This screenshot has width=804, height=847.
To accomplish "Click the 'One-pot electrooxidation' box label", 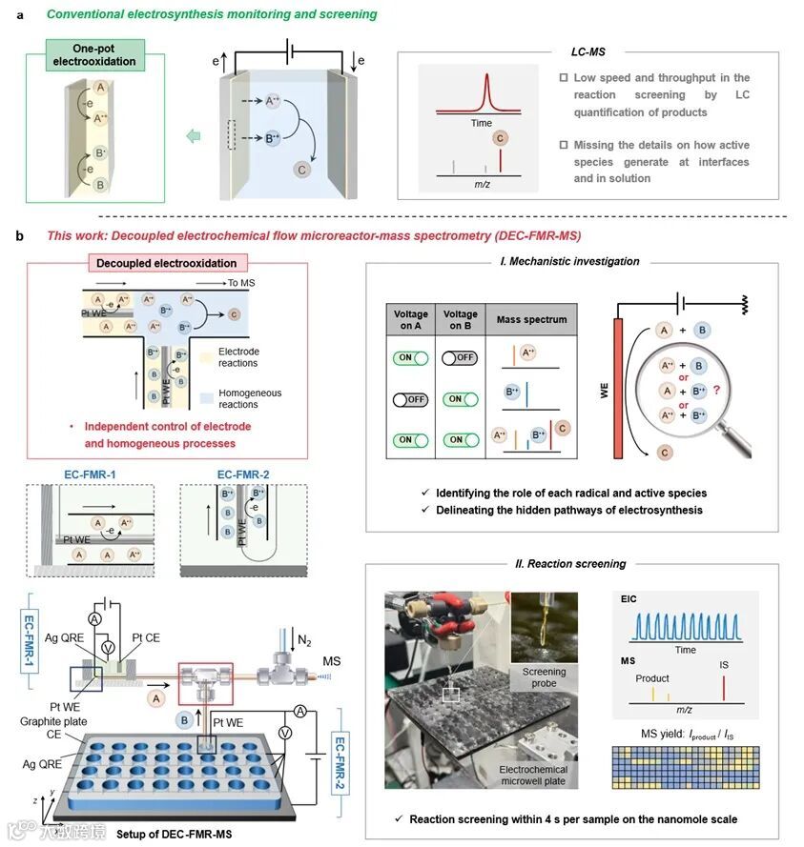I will [x=93, y=55].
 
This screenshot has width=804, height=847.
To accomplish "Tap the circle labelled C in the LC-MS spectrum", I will [x=499, y=139].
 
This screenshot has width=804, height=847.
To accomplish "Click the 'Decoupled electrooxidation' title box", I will [x=168, y=263].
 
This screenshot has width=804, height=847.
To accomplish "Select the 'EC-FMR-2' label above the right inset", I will [x=247, y=474].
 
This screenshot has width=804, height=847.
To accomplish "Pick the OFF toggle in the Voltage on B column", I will [x=460, y=359].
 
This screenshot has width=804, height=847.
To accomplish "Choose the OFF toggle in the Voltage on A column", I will [x=409, y=399].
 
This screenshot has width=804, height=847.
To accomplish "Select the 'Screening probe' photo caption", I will [x=543, y=677].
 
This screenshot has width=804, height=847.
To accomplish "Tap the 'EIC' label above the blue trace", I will [x=624, y=600].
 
